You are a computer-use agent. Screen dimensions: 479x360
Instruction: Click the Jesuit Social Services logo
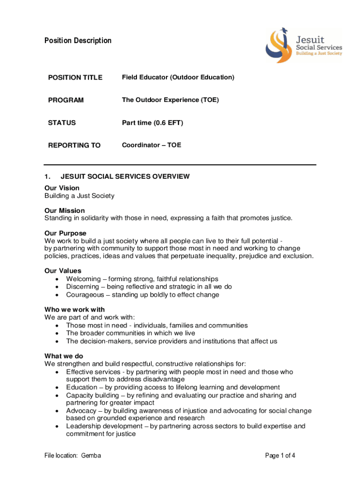[x=303, y=46]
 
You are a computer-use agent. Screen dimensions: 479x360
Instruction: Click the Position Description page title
[x=78, y=41]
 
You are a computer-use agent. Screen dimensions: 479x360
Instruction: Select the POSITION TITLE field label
[x=75, y=78]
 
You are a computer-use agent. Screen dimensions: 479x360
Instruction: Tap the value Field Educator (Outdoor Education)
[x=178, y=77]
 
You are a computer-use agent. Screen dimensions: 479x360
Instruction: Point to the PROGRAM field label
[x=66, y=100]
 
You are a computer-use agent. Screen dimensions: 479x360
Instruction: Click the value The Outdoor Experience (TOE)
[x=170, y=100]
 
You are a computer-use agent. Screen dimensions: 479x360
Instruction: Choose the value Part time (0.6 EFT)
[x=152, y=123]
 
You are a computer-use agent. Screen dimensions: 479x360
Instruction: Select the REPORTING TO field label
[x=74, y=145]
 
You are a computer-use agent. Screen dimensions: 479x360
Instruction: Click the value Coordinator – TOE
[x=151, y=145]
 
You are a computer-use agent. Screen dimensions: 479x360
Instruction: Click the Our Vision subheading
[x=62, y=188]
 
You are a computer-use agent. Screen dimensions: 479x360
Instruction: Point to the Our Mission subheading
[x=65, y=210]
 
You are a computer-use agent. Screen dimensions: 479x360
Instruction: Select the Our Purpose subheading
[x=65, y=233]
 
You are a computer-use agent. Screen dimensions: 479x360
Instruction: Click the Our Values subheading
[x=63, y=271]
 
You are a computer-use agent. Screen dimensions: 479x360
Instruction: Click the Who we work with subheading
[x=74, y=310]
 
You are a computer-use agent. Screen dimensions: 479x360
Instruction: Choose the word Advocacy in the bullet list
[x=81, y=411]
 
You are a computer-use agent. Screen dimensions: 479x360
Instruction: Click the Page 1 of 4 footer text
[x=280, y=456]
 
